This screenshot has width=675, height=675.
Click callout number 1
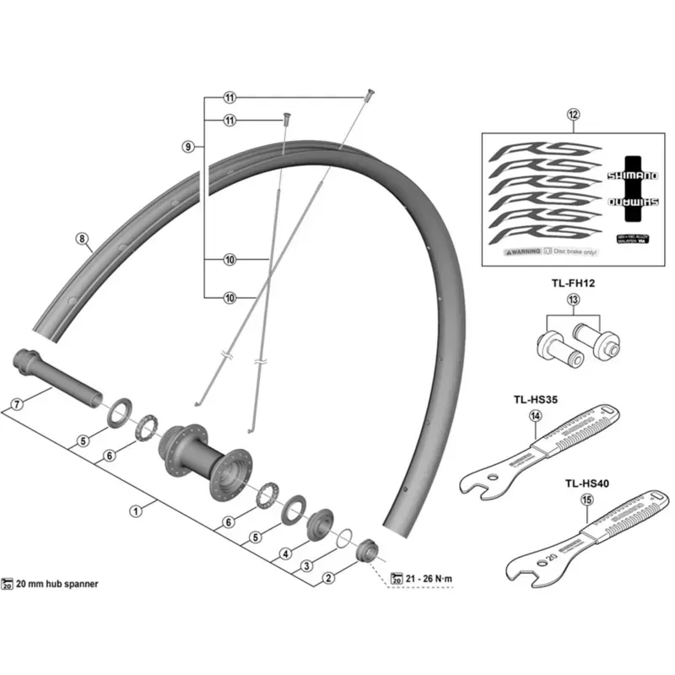click(x=135, y=510)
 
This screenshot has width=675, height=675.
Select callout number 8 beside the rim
click(x=82, y=239)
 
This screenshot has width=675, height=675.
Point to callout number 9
click(x=188, y=147)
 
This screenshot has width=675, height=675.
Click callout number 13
click(x=574, y=300)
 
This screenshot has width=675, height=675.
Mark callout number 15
click(x=586, y=499)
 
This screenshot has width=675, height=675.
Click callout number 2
click(x=328, y=579)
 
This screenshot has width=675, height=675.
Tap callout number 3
click(x=307, y=564)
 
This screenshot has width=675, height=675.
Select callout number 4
click(x=285, y=553)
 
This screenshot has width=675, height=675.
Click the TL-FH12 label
click(x=574, y=284)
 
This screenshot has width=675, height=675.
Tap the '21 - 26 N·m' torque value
click(x=430, y=578)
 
